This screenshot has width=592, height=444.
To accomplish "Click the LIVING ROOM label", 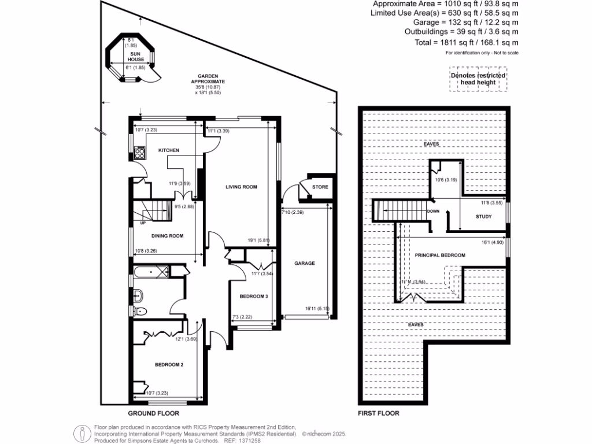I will [241, 187].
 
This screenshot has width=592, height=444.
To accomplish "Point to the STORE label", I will [320, 187].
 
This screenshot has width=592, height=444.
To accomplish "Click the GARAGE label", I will [305, 263].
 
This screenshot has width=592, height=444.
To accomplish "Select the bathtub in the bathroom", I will [151, 271].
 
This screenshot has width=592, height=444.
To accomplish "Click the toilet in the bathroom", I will [140, 311].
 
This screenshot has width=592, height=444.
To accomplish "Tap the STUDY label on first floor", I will [483, 217].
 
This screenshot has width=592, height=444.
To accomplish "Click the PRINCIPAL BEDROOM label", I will [440, 255].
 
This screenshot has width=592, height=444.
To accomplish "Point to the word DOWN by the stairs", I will [433, 211].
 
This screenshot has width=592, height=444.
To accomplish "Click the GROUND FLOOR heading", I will [153, 413].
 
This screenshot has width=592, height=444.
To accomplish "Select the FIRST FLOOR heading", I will [379, 413].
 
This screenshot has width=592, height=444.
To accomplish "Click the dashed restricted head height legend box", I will [478, 79].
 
